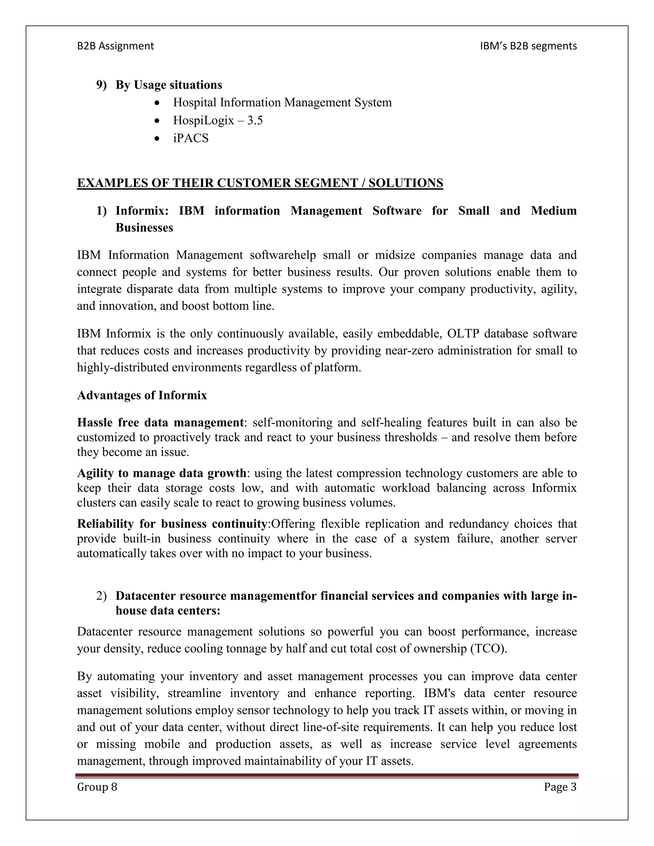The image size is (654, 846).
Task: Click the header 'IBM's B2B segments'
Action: tap(528, 46)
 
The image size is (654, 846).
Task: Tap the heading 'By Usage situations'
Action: tap(169, 85)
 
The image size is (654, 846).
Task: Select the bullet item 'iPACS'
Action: tap(191, 138)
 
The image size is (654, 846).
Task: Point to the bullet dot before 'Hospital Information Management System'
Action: tap(156, 103)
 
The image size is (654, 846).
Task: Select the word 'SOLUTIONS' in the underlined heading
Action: tap(406, 183)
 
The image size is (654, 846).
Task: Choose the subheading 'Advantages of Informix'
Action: tap(142, 396)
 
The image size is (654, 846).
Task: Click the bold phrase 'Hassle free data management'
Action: tap(160, 422)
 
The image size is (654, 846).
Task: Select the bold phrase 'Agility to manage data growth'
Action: tap(162, 473)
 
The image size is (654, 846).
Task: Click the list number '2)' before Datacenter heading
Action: tap(101, 596)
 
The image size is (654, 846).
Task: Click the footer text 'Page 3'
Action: tap(560, 787)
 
